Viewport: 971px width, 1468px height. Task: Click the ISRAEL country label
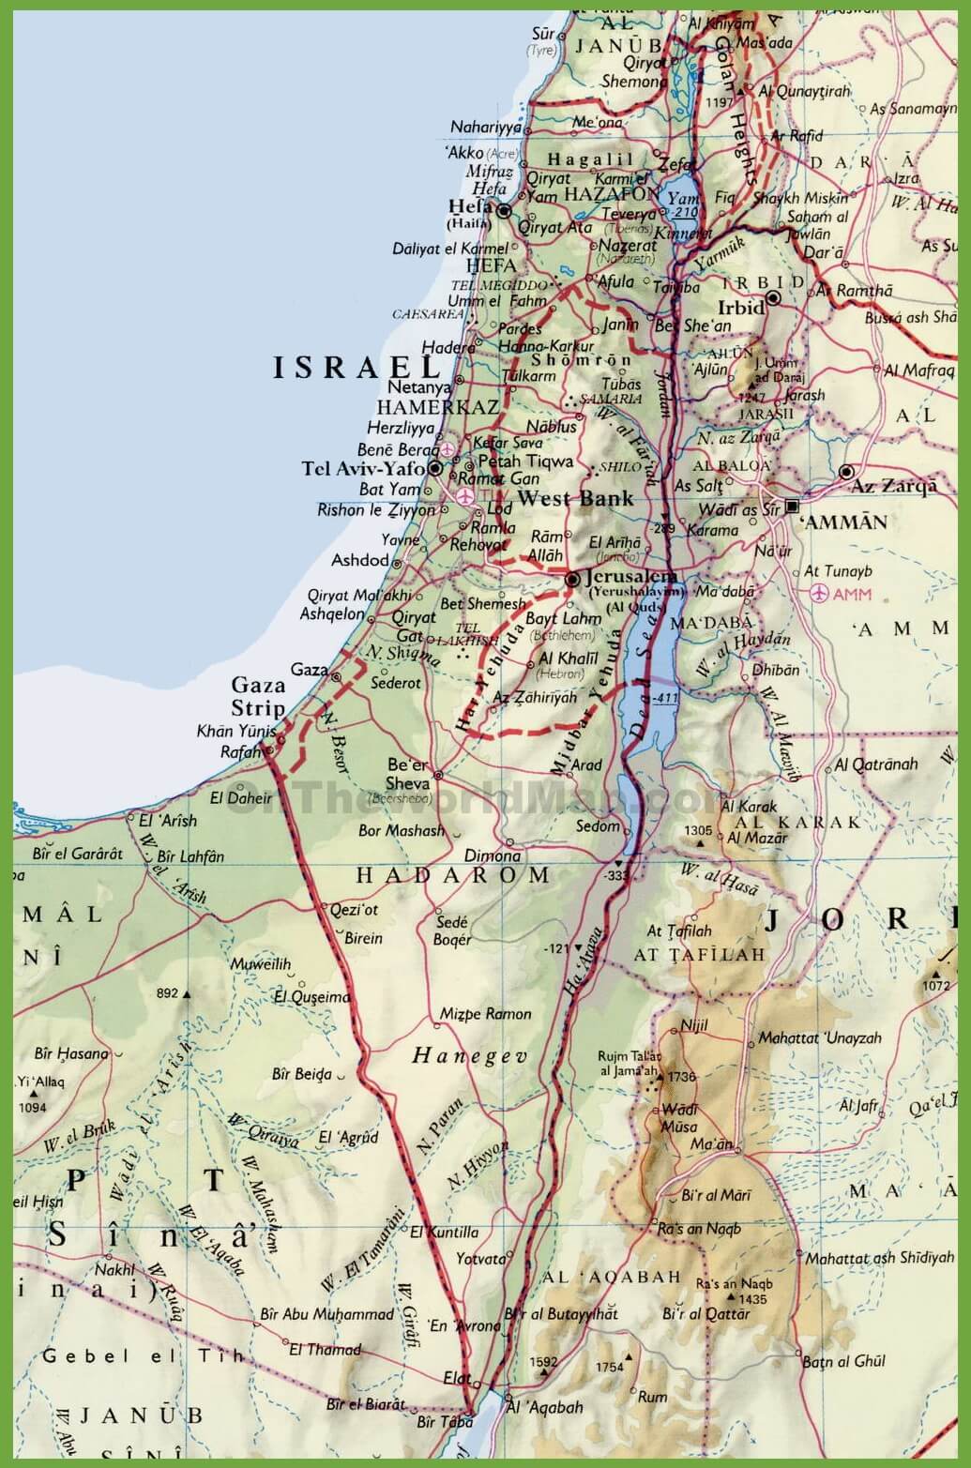pyautogui.click(x=356, y=367)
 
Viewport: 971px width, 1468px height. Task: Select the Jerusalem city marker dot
pyautogui.click(x=572, y=581)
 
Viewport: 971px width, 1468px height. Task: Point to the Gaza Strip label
pyautogui.click(x=258, y=696)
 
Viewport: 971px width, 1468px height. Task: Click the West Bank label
pyautogui.click(x=575, y=498)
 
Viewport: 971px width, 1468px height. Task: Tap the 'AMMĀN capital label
pyautogui.click(x=845, y=522)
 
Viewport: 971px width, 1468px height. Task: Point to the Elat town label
pyautogui.click(x=456, y=1378)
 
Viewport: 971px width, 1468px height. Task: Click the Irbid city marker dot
pyautogui.click(x=773, y=298)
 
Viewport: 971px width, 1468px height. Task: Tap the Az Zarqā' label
pyautogui.click(x=893, y=486)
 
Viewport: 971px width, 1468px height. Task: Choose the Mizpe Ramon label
pyautogui.click(x=485, y=1013)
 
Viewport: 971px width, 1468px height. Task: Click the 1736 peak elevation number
pyautogui.click(x=681, y=1077)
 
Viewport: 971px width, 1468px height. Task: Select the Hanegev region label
pyautogui.click(x=469, y=1056)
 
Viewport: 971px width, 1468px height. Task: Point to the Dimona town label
pyautogui.click(x=492, y=855)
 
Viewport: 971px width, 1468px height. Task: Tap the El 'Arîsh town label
pyautogui.click(x=168, y=820)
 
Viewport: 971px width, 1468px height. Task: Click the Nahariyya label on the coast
pyautogui.click(x=485, y=128)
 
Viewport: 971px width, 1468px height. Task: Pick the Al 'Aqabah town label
pyautogui.click(x=544, y=1407)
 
